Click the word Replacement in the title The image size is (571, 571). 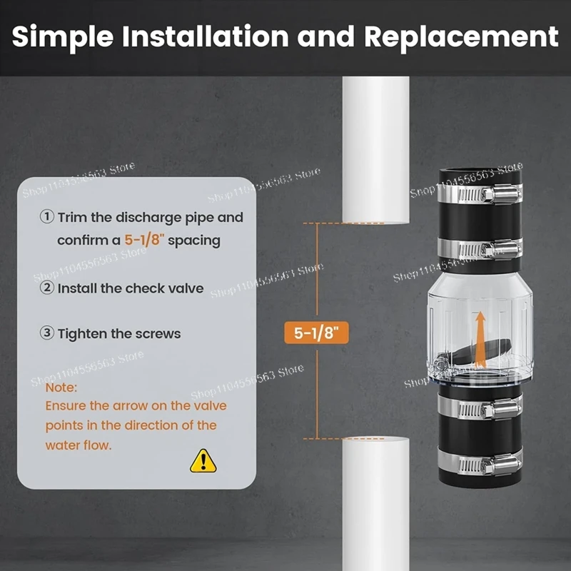(x=461, y=36)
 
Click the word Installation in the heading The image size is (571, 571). (x=206, y=36)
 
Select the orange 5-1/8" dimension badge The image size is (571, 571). (x=316, y=333)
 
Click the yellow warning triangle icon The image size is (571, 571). (x=203, y=461)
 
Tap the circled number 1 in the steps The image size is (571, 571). (x=47, y=217)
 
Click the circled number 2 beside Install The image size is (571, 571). (x=47, y=288)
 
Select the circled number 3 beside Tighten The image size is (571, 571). (x=47, y=333)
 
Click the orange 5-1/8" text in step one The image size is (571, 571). (x=145, y=241)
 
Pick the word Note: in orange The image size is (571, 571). (x=61, y=388)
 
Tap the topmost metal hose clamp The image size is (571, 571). (x=480, y=193)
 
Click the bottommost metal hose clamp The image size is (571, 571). (x=480, y=464)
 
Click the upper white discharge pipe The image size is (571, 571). (x=376, y=150)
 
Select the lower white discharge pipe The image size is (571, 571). (x=376, y=504)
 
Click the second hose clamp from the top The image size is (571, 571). (x=480, y=249)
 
